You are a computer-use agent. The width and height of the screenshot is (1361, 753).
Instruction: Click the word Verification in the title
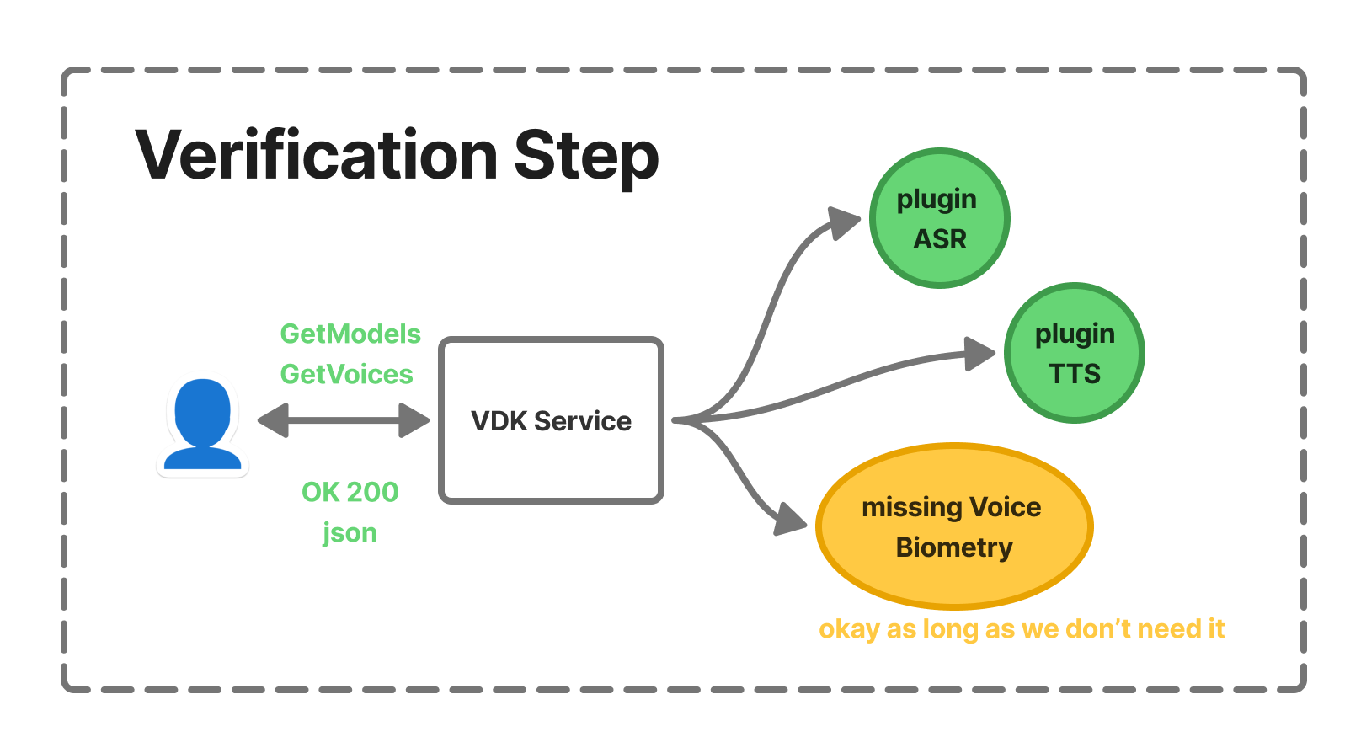(317, 156)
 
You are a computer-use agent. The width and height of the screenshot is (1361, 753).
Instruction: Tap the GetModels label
(350, 334)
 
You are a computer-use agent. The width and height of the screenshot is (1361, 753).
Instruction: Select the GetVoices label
(346, 374)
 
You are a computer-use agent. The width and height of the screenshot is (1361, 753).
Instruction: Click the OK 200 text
(350, 492)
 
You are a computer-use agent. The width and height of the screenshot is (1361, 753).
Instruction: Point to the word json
(350, 533)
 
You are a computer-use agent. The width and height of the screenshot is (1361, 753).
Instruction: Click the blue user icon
(203, 425)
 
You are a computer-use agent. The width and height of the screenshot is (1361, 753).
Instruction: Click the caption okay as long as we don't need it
(1021, 629)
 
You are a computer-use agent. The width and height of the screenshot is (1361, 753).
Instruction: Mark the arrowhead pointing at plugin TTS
(979, 354)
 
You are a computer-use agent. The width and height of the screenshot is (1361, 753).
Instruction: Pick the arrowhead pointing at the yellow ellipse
(790, 519)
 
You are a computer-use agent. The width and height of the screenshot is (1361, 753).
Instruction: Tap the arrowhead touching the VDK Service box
(414, 420)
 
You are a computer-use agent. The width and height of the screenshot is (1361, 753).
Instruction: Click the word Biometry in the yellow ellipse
(954, 547)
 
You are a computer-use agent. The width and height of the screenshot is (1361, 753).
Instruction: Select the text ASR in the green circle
(940, 239)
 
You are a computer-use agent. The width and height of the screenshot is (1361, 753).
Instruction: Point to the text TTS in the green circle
(1075, 373)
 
